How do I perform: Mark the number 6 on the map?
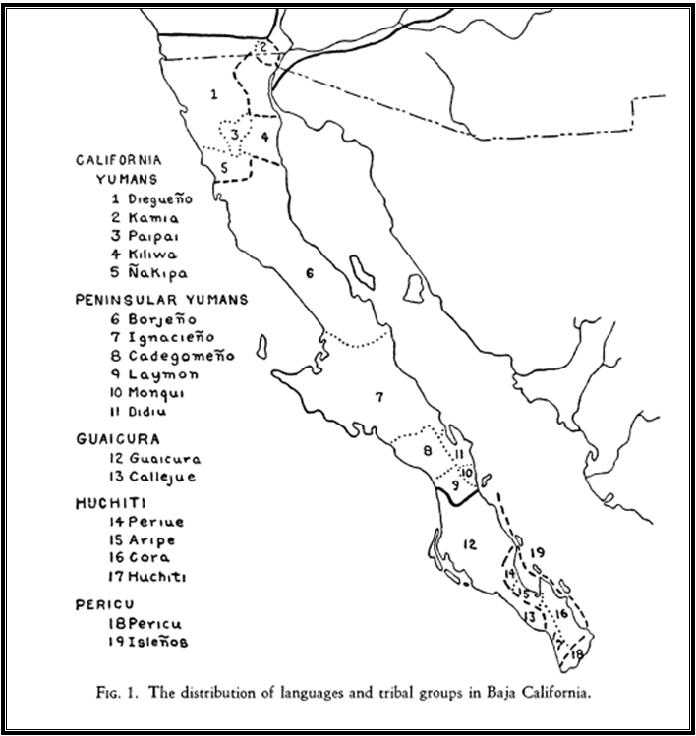[309, 272]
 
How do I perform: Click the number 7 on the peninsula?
[377, 398]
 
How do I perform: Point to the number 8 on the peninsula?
[427, 451]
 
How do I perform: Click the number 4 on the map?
[265, 137]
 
